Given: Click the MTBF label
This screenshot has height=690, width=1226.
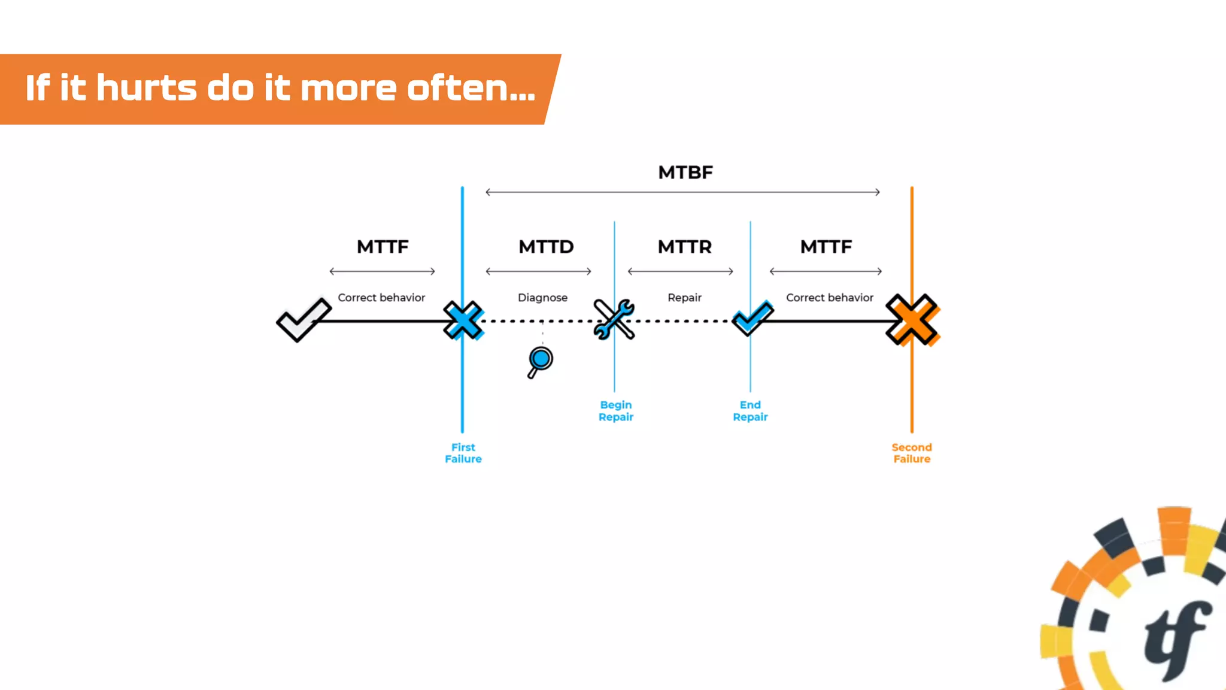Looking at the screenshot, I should point(685,172).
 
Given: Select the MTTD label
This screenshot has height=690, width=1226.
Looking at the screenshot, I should point(546,247).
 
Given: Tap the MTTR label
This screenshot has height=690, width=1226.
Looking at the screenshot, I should point(685,247).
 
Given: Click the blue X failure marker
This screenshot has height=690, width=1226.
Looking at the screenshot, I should point(463,320).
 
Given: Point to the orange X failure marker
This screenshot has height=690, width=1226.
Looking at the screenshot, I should point(912,320).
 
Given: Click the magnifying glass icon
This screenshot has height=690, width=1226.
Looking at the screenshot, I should point(540,361).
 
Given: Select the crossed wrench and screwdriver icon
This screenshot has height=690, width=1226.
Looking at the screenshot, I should point(614,319).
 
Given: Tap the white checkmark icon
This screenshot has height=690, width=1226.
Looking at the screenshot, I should point(304,319).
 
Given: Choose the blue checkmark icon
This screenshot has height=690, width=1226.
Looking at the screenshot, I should point(752,318).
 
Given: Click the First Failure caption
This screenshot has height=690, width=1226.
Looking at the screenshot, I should point(463,453).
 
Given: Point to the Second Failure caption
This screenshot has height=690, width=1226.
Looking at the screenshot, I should point(912,453).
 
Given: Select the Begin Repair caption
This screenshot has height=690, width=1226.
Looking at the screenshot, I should point(616,411).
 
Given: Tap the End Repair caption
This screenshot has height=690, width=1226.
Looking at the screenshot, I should point(750,411).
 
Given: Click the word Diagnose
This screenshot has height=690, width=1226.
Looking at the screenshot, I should point(542,298).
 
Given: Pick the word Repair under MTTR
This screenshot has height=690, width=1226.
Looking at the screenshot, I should point(684,298).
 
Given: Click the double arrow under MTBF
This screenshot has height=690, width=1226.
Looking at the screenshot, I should point(682,192).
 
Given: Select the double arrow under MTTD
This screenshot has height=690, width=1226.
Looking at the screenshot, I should point(539,271).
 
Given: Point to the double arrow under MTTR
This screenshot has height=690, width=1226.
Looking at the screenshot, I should point(681,271).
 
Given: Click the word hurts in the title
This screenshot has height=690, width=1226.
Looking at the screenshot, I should point(146,88).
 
